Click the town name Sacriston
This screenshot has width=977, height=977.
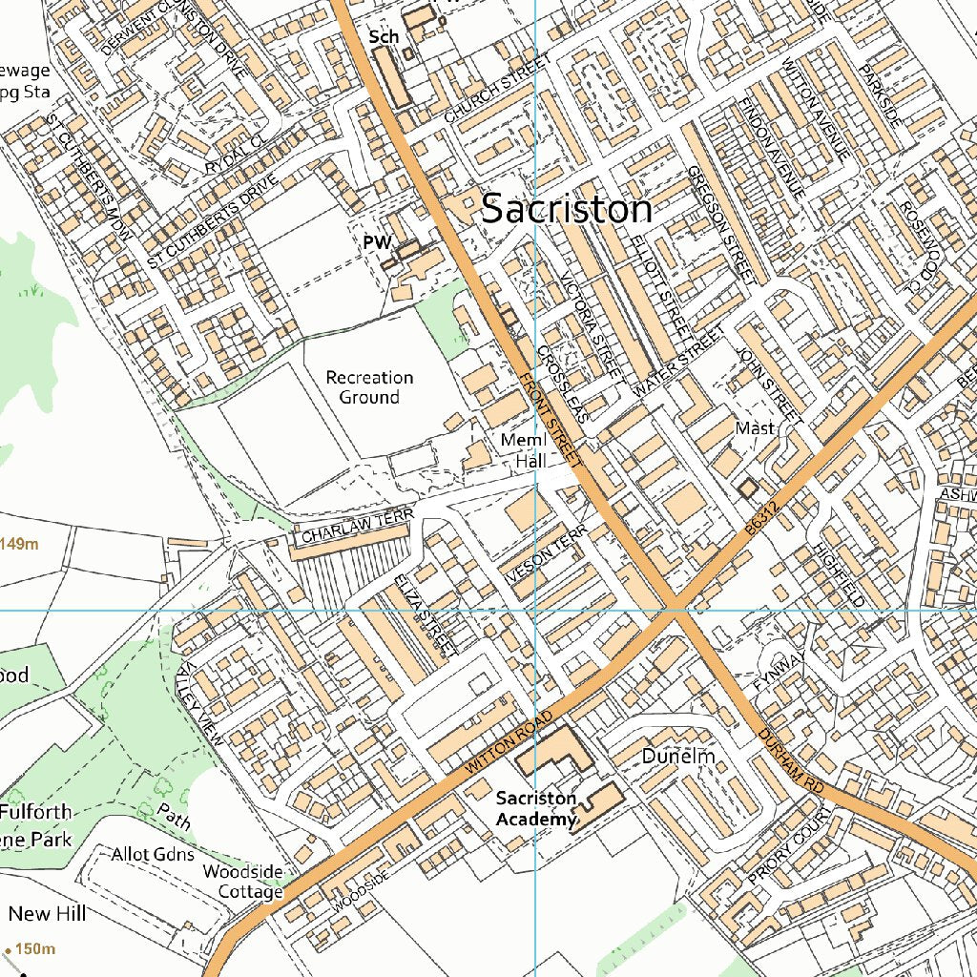[x=567, y=209]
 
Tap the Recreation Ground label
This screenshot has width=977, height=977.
[x=369, y=386]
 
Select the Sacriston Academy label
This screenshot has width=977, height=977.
[x=536, y=808]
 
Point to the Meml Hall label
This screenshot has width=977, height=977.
[x=524, y=450]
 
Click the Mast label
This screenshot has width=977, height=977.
[x=755, y=428]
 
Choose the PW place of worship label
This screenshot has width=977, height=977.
[x=377, y=243]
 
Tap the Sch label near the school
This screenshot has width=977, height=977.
[x=384, y=36]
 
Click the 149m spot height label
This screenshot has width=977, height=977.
[x=19, y=544]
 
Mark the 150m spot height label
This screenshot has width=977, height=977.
[x=34, y=948]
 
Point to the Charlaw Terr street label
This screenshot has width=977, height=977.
[x=357, y=527]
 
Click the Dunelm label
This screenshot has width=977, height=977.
[x=677, y=756]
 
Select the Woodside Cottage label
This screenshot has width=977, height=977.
[x=243, y=882]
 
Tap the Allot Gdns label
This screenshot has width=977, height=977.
[x=153, y=853]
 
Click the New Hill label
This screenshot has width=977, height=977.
[x=47, y=913]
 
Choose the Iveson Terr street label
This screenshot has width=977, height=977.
[x=541, y=563]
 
